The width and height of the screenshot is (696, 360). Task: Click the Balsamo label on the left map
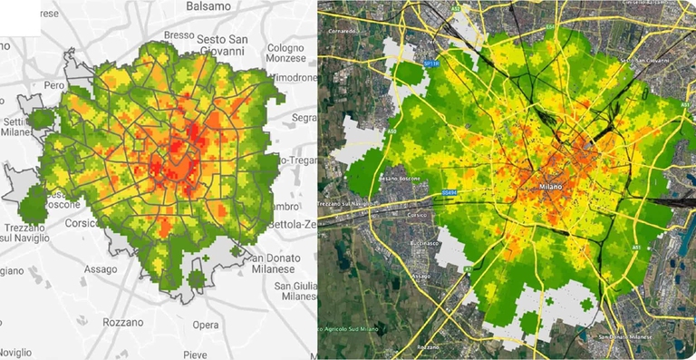click(x=208, y=6)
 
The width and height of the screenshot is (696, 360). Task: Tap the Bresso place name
click(x=180, y=35)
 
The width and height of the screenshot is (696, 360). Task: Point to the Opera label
click(x=205, y=325)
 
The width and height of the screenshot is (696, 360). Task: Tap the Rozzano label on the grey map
click(x=122, y=322)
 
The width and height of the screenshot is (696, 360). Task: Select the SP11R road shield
click(x=431, y=63)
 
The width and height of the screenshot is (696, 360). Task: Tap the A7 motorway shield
click(x=469, y=269)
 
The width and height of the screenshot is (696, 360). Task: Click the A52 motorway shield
click(x=546, y=30)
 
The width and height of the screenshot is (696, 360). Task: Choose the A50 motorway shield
click(x=391, y=131)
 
